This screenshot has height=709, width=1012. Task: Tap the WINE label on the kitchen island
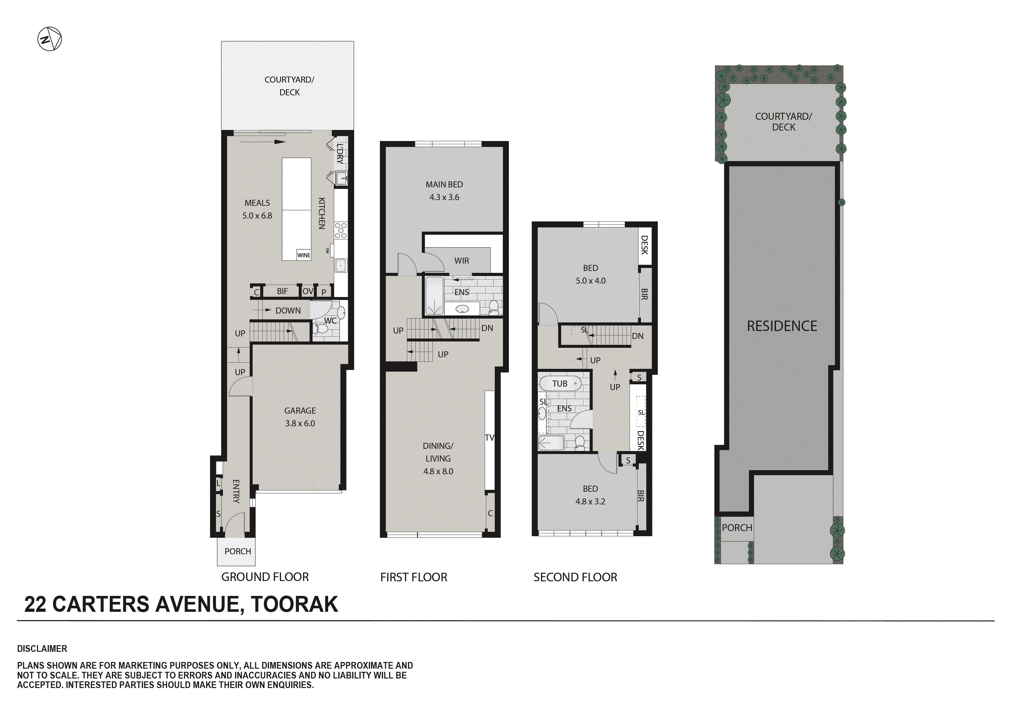[x=304, y=255]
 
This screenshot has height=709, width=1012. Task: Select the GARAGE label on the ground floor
[x=300, y=410]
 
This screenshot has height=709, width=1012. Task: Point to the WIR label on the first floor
[x=462, y=260]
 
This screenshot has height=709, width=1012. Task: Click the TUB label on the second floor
[x=560, y=384]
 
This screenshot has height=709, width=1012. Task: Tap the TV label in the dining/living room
[x=489, y=437]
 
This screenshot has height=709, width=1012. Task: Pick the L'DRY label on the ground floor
[x=340, y=153]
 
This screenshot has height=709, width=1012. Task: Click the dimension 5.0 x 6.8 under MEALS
[x=257, y=216]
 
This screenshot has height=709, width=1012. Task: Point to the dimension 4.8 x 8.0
[x=438, y=471]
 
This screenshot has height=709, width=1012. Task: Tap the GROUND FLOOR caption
[x=265, y=577]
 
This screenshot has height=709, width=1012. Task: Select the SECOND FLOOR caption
[x=575, y=577]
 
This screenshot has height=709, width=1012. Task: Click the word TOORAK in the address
[x=294, y=604]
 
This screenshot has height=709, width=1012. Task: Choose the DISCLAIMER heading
[x=42, y=649]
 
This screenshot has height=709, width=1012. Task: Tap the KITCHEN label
[x=322, y=213]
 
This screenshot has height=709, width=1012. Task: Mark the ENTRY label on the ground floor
[x=236, y=491]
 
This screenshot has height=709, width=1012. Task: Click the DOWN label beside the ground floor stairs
[x=288, y=310]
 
